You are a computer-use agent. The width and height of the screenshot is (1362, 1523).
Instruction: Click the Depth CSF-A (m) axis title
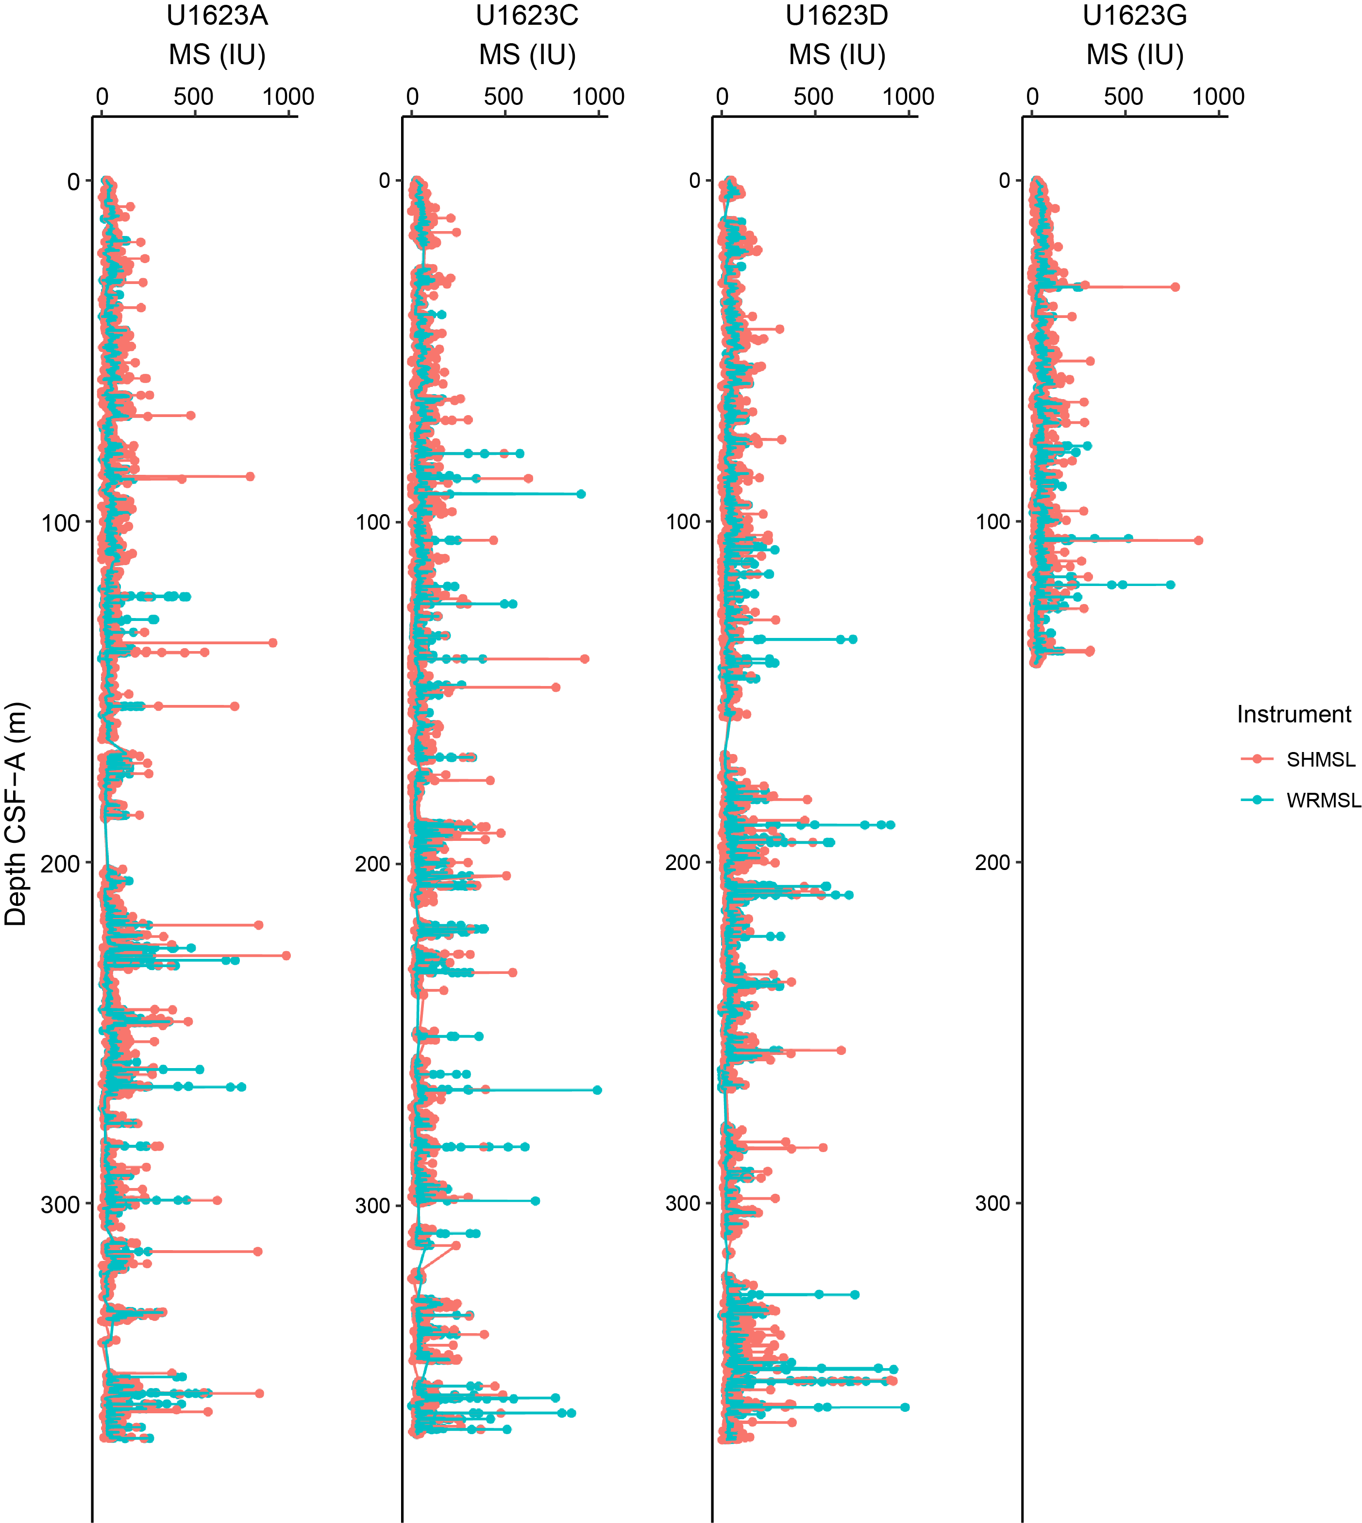[x=15, y=814]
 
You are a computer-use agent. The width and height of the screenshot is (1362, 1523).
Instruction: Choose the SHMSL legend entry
[x=1320, y=760]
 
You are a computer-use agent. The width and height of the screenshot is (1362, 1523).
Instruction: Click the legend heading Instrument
[x=1294, y=715]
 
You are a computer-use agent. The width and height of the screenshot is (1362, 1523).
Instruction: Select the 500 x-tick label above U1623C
[x=504, y=97]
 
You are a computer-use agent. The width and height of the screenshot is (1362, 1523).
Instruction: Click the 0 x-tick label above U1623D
[x=722, y=97]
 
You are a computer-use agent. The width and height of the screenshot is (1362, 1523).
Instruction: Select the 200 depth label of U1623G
[x=992, y=863]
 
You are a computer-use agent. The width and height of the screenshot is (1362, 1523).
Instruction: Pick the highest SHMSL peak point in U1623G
[x=1198, y=540]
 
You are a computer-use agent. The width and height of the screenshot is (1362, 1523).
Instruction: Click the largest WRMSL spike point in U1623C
[x=597, y=1089]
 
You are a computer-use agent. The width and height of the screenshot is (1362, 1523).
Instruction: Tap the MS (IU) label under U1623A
[x=217, y=55]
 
